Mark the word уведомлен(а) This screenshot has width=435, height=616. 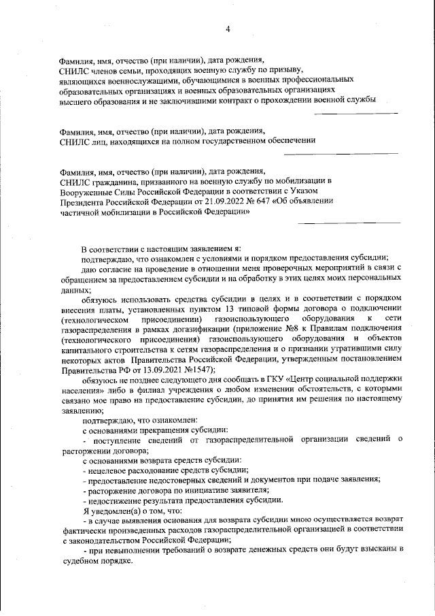(114, 510)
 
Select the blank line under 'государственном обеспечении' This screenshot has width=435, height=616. (341, 153)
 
